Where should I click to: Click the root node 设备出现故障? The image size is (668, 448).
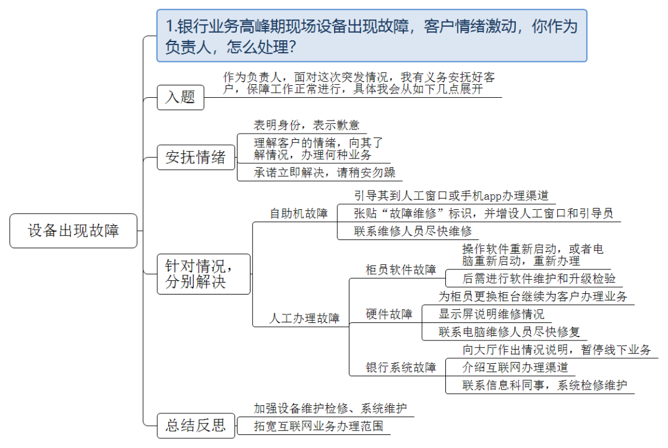tap(73, 231)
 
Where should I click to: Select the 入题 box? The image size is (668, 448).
tap(180, 97)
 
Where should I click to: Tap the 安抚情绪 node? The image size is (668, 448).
tap(195, 157)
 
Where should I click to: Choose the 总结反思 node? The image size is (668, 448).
tap(195, 425)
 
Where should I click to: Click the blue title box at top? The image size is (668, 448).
tap(371, 36)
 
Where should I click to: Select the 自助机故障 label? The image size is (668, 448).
tap(298, 214)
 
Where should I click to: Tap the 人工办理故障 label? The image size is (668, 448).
tap(304, 319)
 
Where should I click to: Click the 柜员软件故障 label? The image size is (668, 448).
tap(401, 270)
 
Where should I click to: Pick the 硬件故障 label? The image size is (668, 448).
tap(389, 314)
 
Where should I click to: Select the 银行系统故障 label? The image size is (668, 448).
tap(401, 368)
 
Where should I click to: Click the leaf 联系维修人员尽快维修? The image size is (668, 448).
tap(413, 231)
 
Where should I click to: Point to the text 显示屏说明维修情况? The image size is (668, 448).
tap(491, 314)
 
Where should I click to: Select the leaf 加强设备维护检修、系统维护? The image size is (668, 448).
tap(330, 408)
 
